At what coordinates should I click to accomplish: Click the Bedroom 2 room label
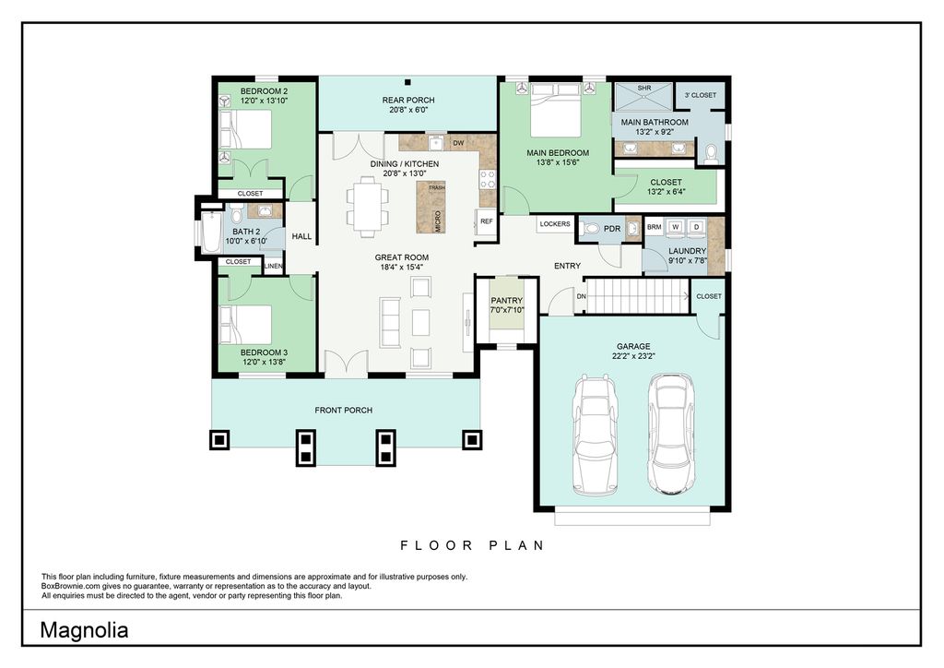[265, 91]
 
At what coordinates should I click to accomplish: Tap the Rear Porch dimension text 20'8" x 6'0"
[408, 110]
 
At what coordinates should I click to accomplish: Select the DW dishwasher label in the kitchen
[458, 143]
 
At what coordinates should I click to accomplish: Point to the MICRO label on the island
[438, 221]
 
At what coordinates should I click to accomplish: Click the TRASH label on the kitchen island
[436, 188]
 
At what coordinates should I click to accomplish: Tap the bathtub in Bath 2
[211, 232]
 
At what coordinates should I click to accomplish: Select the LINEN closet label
[273, 266]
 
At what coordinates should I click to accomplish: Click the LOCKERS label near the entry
[554, 224]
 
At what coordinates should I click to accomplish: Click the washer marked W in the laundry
[676, 226]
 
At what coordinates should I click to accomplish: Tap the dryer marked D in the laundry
[697, 226]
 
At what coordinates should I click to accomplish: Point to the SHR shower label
[644, 88]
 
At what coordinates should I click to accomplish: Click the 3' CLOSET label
[701, 95]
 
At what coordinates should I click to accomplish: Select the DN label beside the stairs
[581, 296]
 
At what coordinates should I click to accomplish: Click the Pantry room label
[506, 301]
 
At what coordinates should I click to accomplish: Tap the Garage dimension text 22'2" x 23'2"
[633, 356]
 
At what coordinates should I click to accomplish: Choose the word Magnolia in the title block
[84, 630]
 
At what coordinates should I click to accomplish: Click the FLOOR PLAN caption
[473, 545]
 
